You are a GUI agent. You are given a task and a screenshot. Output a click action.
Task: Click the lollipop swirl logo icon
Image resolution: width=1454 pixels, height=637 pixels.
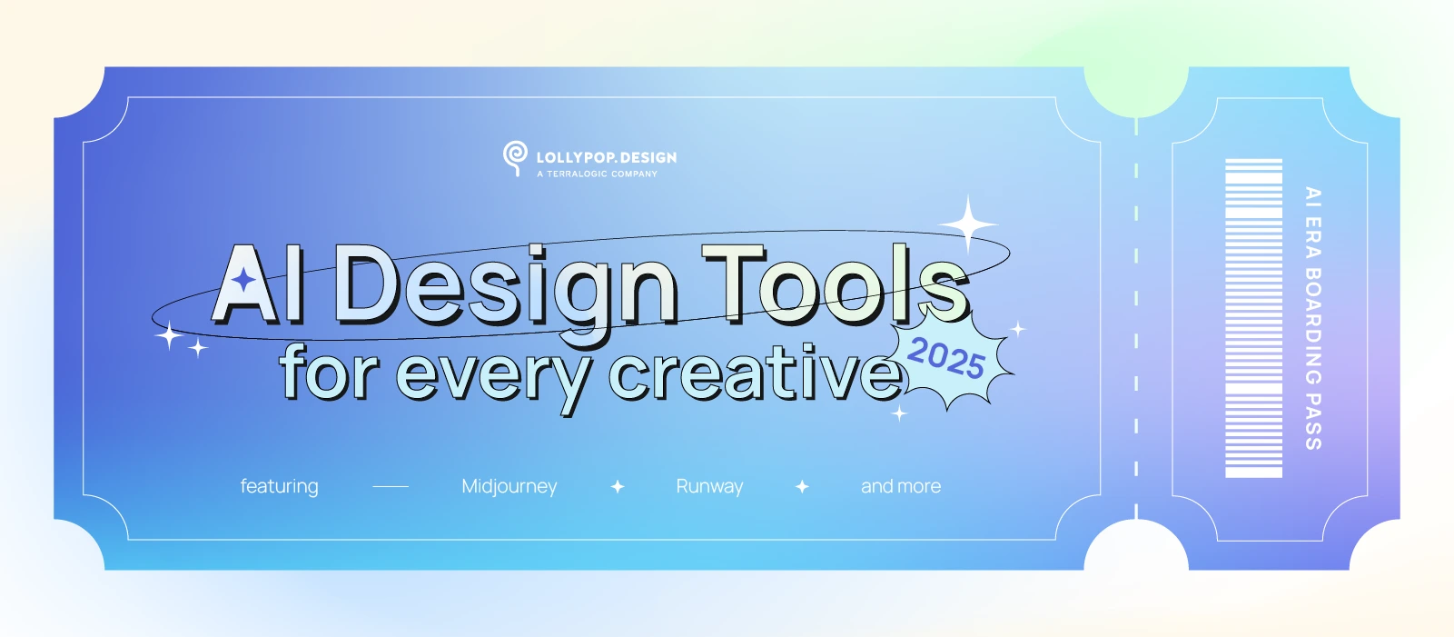pyautogui.click(x=515, y=158)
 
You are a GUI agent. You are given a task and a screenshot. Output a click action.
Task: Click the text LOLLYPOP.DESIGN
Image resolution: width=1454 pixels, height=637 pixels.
pyautogui.click(x=607, y=157)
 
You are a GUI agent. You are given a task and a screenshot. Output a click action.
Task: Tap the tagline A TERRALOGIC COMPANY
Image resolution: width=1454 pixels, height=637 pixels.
pyautogui.click(x=598, y=174)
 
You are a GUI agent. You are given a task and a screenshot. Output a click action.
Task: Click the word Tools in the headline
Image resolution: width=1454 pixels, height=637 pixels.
pyautogui.click(x=836, y=284)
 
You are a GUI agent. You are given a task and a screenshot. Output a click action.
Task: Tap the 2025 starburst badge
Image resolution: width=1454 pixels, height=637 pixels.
pyautogui.click(x=949, y=361)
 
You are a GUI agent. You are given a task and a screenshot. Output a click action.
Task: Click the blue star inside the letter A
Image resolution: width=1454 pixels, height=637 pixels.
pyautogui.click(x=244, y=280)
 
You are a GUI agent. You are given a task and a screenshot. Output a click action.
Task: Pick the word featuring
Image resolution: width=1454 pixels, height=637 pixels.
pyautogui.click(x=279, y=486)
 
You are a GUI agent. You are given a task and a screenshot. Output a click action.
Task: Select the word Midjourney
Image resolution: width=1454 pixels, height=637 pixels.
pyautogui.click(x=509, y=486)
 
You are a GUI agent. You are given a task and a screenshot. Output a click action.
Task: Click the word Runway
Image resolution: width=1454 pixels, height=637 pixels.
pyautogui.click(x=709, y=486)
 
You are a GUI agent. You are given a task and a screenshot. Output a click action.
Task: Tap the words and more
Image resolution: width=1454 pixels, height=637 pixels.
pyautogui.click(x=901, y=486)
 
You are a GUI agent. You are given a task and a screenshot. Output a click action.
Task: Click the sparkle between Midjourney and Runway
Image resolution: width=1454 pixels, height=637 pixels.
pyautogui.click(x=618, y=486)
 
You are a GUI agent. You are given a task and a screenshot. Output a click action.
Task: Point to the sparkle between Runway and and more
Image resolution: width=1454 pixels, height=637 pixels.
pyautogui.click(x=802, y=486)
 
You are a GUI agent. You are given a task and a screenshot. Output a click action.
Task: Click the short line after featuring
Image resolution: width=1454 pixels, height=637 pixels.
pyautogui.click(x=391, y=486)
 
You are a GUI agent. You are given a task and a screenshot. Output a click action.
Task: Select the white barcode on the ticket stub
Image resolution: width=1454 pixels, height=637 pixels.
pyautogui.click(x=1253, y=318)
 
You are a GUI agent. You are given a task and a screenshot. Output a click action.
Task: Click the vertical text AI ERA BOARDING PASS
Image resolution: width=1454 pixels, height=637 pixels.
pyautogui.click(x=1313, y=318)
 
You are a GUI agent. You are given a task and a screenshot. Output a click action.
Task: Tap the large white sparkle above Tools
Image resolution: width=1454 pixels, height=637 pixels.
pyautogui.click(x=968, y=224)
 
